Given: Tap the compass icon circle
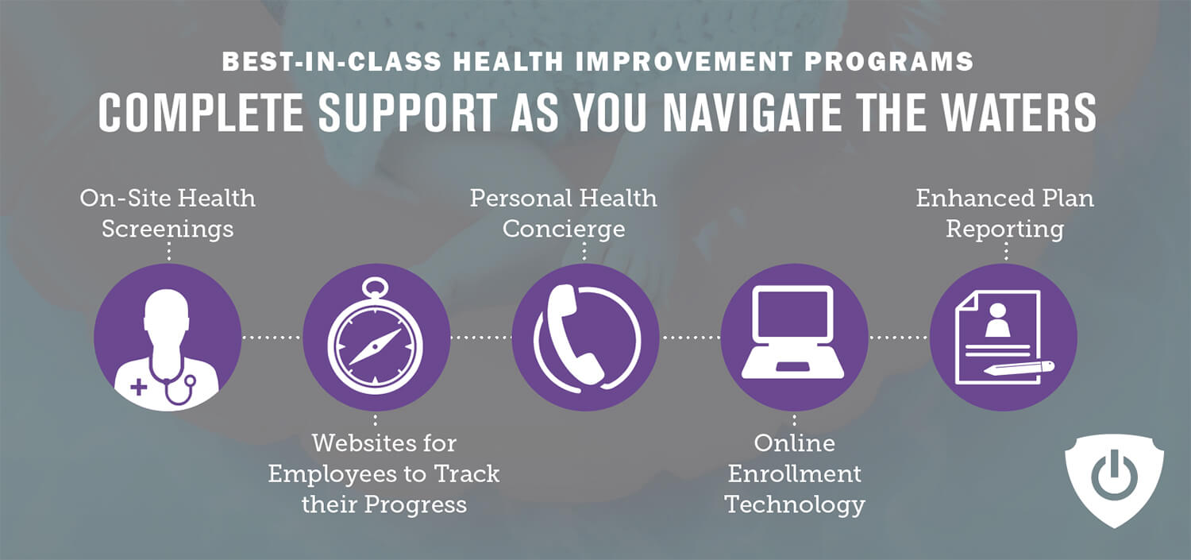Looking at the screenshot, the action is [x=376, y=337].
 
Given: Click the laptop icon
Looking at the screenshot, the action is [x=794, y=332].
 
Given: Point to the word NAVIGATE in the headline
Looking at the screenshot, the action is [x=751, y=112].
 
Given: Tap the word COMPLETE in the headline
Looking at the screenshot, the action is [x=200, y=112].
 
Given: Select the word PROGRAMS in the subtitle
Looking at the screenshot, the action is [x=888, y=61].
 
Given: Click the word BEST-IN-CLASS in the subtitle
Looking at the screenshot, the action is [x=331, y=61].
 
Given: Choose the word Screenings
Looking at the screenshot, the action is [x=168, y=230].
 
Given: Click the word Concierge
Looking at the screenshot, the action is [x=564, y=230].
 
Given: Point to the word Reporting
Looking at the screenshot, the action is [x=1004, y=230].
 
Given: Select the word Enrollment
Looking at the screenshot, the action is [x=794, y=474].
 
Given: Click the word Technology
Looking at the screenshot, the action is [x=795, y=504].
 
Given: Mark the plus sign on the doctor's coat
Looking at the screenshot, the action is [x=139, y=387].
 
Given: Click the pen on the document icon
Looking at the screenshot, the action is [x=1019, y=368].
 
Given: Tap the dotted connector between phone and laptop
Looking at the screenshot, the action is [x=690, y=337].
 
